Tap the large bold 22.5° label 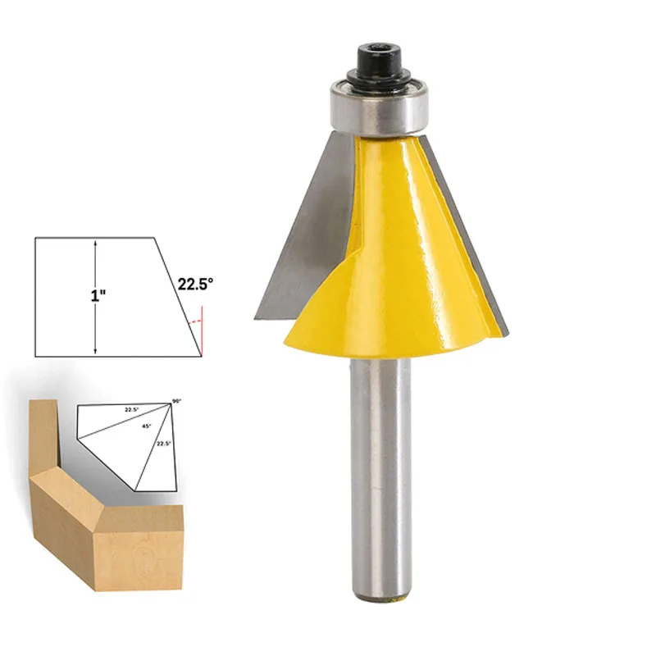195,284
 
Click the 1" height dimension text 98,295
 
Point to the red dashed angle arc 194,323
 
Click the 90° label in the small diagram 175,401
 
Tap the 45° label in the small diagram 148,426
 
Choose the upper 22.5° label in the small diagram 132,408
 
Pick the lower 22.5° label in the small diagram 164,443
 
